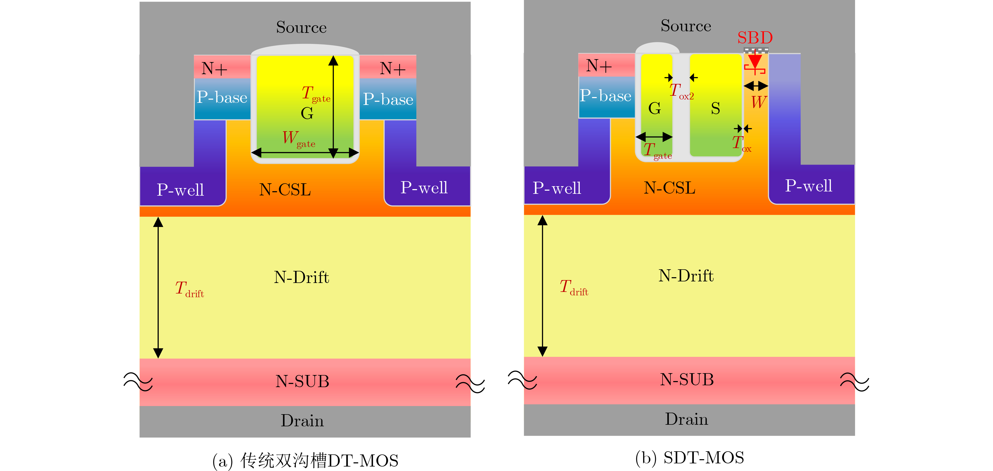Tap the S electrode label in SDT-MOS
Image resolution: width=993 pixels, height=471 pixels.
[x=715, y=108]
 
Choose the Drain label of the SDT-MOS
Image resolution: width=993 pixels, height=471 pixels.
[x=686, y=419]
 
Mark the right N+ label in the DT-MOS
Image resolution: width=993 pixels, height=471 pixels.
[x=392, y=69]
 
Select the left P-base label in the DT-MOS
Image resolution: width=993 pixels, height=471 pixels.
[x=222, y=97]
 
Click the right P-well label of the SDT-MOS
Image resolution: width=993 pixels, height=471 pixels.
[x=808, y=186]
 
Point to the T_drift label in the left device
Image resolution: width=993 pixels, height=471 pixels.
[x=189, y=289]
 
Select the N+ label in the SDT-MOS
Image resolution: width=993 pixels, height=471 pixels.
[x=599, y=66]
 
